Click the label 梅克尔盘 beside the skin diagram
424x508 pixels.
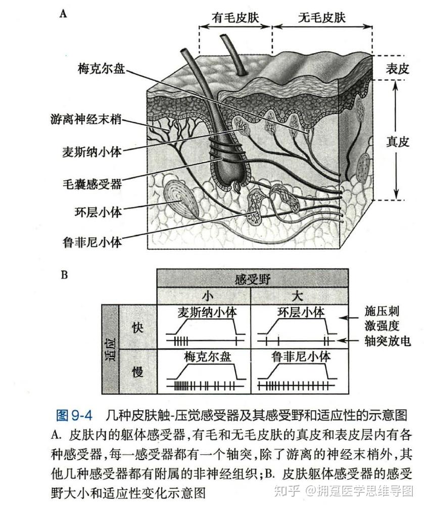pos(101,68)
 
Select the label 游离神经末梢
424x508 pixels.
pos(86,120)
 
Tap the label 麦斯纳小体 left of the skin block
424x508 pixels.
pos(91,152)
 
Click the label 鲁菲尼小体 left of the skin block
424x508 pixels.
pos(91,242)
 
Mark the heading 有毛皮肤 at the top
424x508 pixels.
pos(235,18)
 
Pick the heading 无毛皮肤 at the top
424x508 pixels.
pos(321,18)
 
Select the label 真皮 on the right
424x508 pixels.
pos(397,142)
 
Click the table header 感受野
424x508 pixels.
pos(252,279)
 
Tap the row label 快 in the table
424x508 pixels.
pos(137,328)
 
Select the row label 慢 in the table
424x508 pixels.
pos(137,373)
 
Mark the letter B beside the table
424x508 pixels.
pos(64,275)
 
